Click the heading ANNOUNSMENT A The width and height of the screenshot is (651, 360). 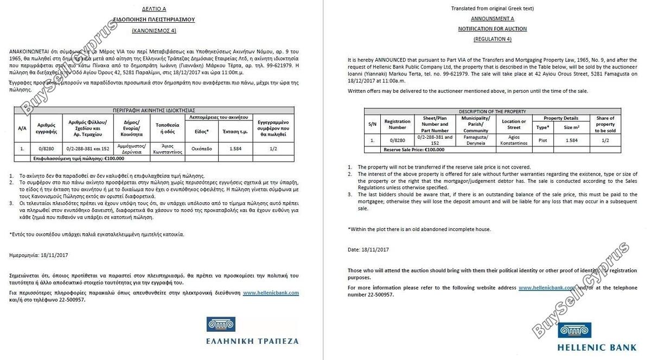pos(492,18)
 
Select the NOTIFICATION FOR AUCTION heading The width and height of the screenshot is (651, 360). pos(492,29)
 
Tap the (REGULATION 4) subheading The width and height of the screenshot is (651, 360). pos(492,39)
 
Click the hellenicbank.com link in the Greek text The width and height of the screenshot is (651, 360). pos(271,293)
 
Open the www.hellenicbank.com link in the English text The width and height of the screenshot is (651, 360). pos(546,287)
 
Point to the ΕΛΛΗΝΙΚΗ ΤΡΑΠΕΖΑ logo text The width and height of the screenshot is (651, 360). pos(252,341)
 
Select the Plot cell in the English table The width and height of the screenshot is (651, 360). pos(542,140)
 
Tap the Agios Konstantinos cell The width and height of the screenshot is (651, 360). pos(514,140)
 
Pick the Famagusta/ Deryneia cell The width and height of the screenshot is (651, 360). pos(476,140)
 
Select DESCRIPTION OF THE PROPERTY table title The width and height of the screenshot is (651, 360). pos(492,111)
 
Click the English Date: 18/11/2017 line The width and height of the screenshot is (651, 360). pos(368,249)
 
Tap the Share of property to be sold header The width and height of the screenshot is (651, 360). pos(605,124)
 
